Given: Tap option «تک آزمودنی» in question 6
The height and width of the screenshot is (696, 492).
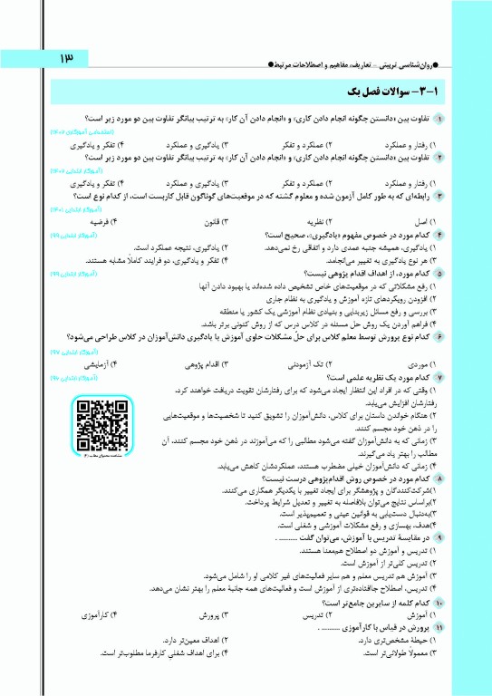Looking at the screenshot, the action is coord(308,362).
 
